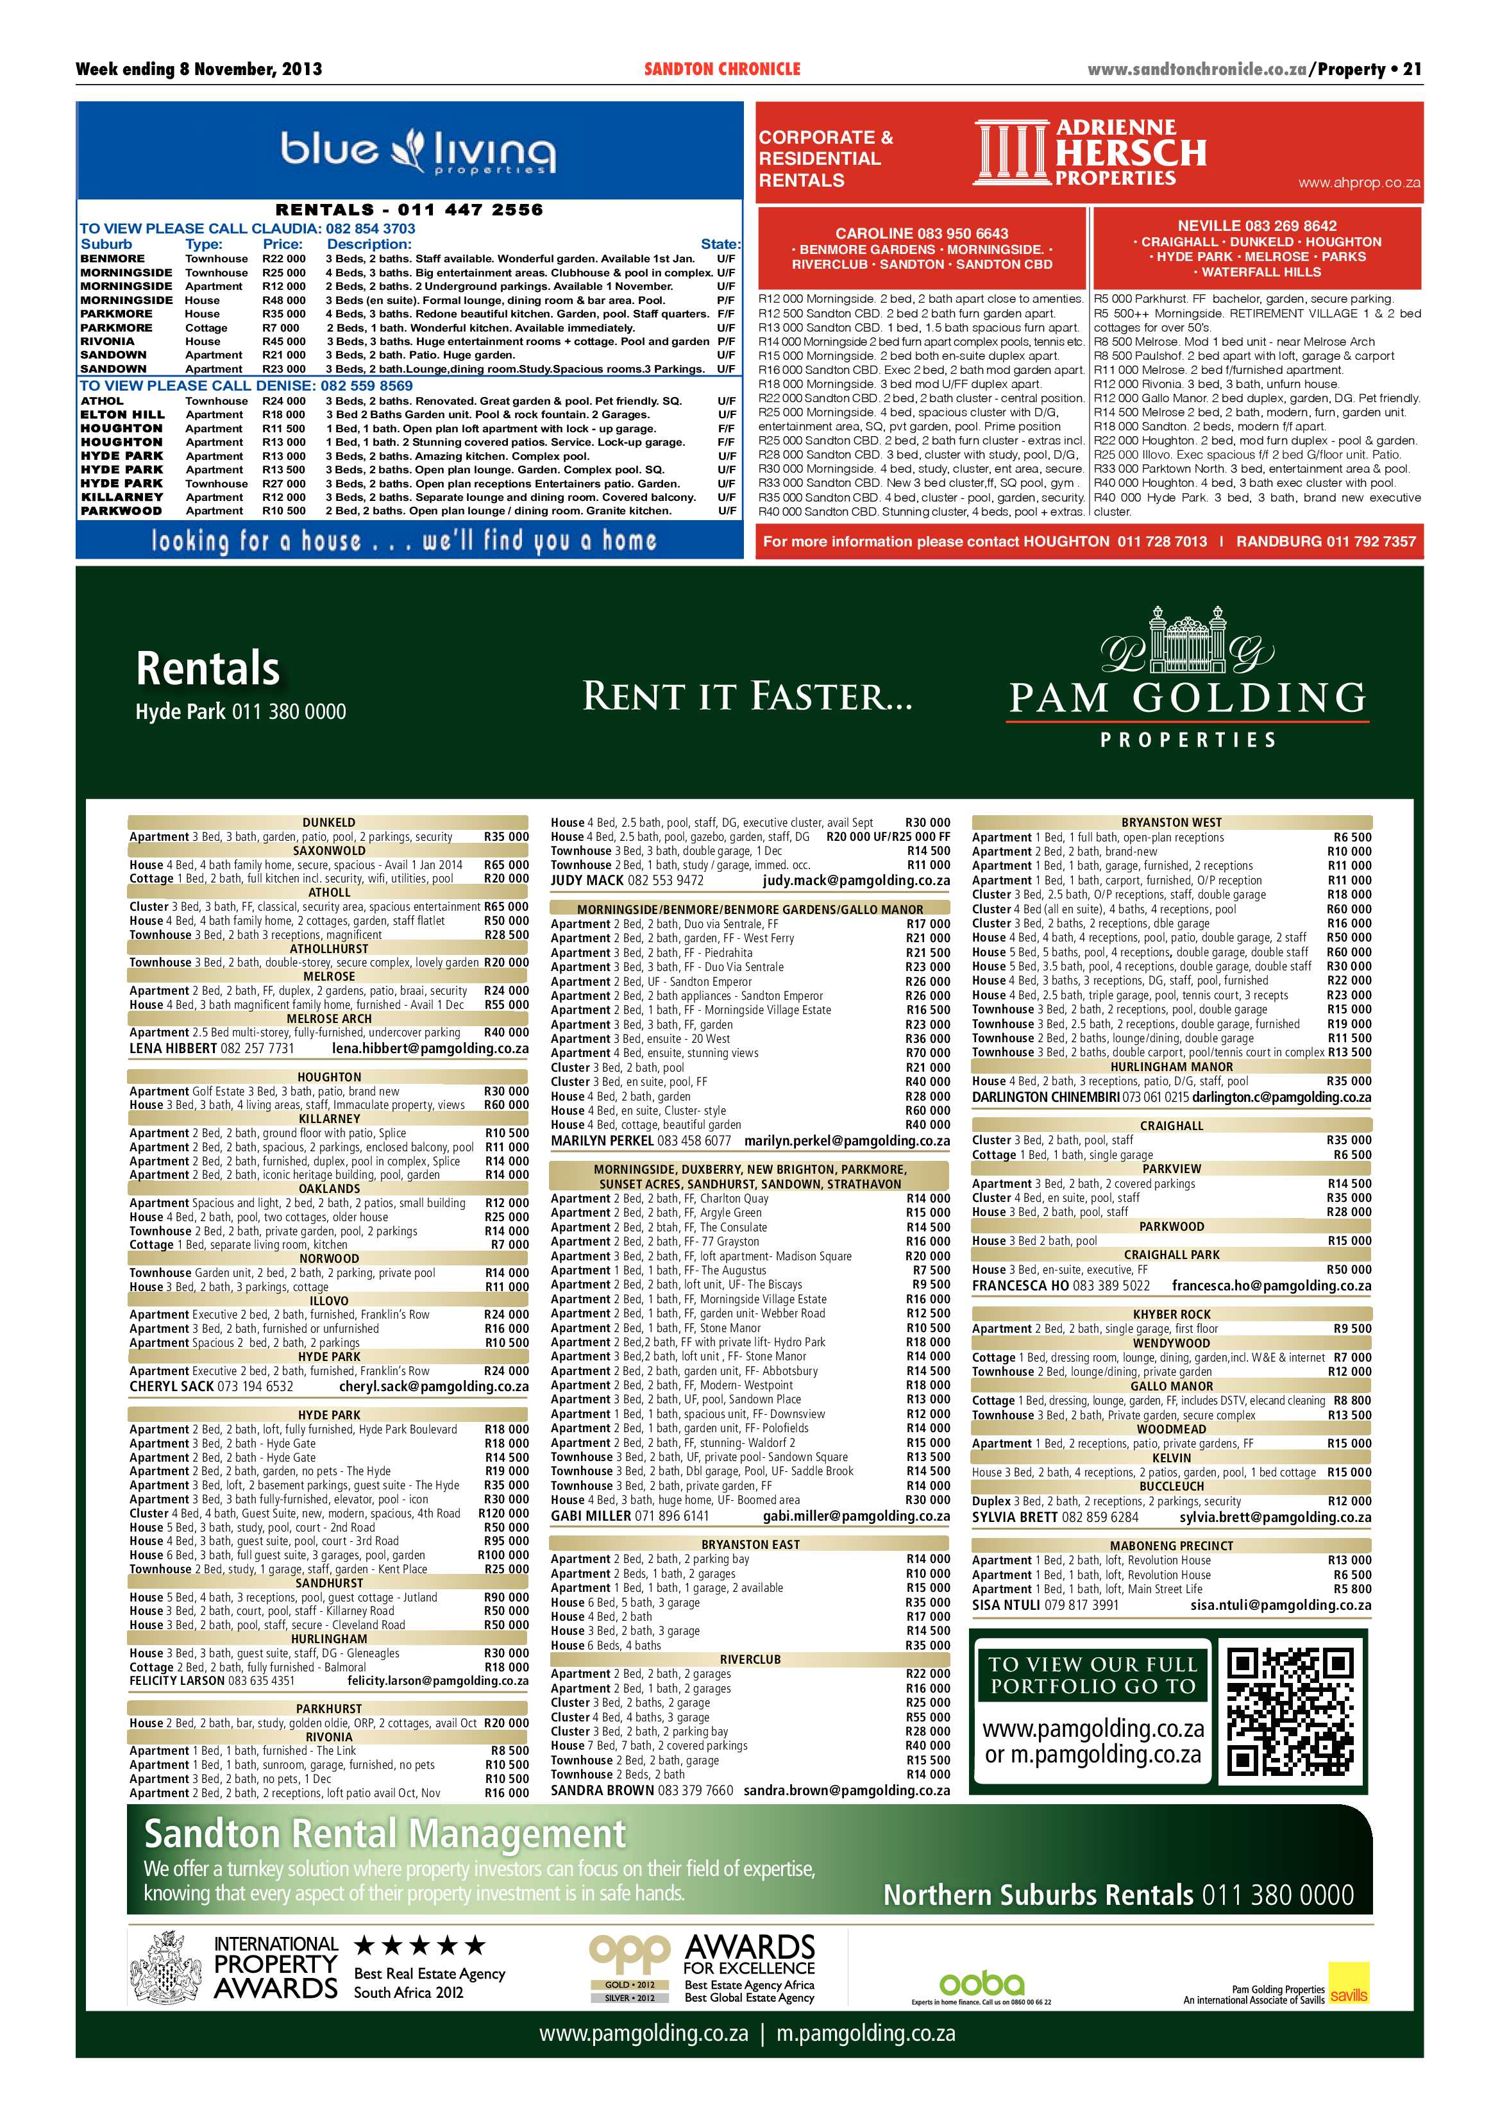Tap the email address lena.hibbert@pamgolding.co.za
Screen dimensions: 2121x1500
pos(430,1049)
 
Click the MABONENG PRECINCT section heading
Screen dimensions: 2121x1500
pos(1171,1546)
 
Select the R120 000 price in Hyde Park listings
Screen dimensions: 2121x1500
pos(503,1513)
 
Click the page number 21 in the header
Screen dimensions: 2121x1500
pos(1412,69)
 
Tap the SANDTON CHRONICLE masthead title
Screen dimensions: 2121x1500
pos(721,69)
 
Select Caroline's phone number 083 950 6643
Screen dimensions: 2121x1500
pos(961,233)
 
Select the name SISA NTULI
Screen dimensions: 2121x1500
pos(1006,1605)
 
